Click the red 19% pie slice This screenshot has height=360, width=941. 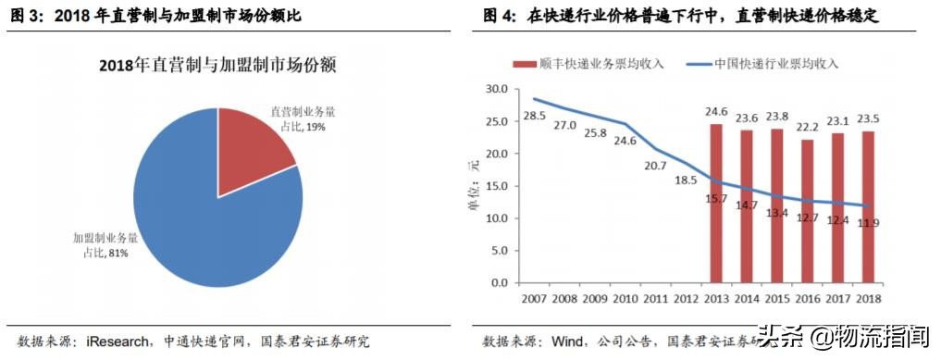tap(250, 148)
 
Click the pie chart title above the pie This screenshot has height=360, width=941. tap(217, 66)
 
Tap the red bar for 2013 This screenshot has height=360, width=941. tap(716, 204)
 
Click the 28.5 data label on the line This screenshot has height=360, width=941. tap(535, 116)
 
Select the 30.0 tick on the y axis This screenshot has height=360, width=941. tap(498, 89)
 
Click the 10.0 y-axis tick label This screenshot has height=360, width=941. tap(498, 218)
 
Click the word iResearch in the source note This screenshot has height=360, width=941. tap(118, 341)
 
